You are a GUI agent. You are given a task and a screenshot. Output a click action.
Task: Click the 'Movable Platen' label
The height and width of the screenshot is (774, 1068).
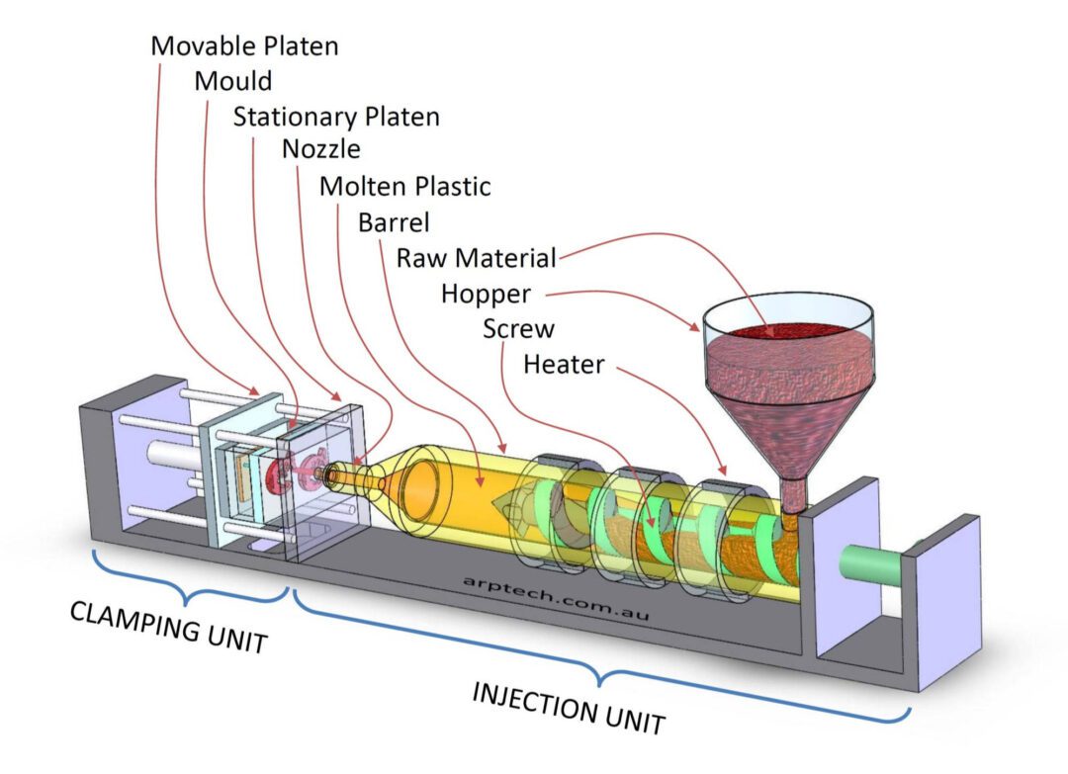pos(243,45)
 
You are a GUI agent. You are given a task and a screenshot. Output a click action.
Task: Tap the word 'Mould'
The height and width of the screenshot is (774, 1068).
pos(232,81)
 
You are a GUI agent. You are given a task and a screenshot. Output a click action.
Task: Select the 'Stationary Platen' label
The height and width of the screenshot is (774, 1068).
pos(336,117)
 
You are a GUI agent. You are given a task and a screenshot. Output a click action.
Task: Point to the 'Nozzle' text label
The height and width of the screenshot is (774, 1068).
pos(320,150)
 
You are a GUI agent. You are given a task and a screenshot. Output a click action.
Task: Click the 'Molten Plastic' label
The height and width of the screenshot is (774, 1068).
pos(404,186)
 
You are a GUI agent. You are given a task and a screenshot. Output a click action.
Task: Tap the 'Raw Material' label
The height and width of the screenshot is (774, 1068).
pos(476,258)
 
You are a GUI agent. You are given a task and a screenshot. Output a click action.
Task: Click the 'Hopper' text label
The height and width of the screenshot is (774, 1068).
pos(486,294)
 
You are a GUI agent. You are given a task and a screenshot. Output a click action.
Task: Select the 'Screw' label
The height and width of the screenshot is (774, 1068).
pos(518,328)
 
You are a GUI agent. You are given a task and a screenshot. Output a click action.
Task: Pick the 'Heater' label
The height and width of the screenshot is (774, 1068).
pos(564,364)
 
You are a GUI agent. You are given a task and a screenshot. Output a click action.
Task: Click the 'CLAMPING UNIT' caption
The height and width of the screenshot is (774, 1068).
pos(169,627)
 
